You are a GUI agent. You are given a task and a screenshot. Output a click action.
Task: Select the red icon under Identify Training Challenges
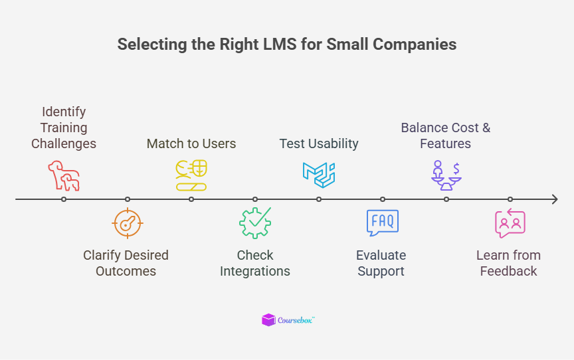click(64, 176)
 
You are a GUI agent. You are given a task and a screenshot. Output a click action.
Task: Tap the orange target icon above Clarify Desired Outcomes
click(127, 223)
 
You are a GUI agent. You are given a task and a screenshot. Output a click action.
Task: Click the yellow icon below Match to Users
click(191, 175)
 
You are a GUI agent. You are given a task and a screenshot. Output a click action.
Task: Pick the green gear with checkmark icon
click(255, 223)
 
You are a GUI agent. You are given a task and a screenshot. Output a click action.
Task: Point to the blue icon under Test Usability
click(319, 174)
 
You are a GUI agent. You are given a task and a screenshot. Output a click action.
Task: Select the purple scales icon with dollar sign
click(446, 175)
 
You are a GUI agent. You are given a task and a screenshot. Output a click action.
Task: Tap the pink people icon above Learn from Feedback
click(510, 223)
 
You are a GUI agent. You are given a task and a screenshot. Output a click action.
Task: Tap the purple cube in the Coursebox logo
click(268, 320)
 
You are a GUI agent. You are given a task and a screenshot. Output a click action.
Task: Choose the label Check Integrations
click(255, 263)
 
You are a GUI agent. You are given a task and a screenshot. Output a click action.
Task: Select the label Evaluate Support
click(381, 263)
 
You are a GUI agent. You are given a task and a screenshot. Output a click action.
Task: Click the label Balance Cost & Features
click(445, 135)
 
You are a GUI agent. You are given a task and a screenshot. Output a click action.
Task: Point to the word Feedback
click(508, 271)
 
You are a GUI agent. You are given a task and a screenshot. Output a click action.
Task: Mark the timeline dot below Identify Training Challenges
click(64, 199)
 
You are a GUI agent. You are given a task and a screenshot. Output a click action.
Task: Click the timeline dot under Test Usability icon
click(319, 199)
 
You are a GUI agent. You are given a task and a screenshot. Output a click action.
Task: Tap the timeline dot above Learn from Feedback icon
click(510, 199)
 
